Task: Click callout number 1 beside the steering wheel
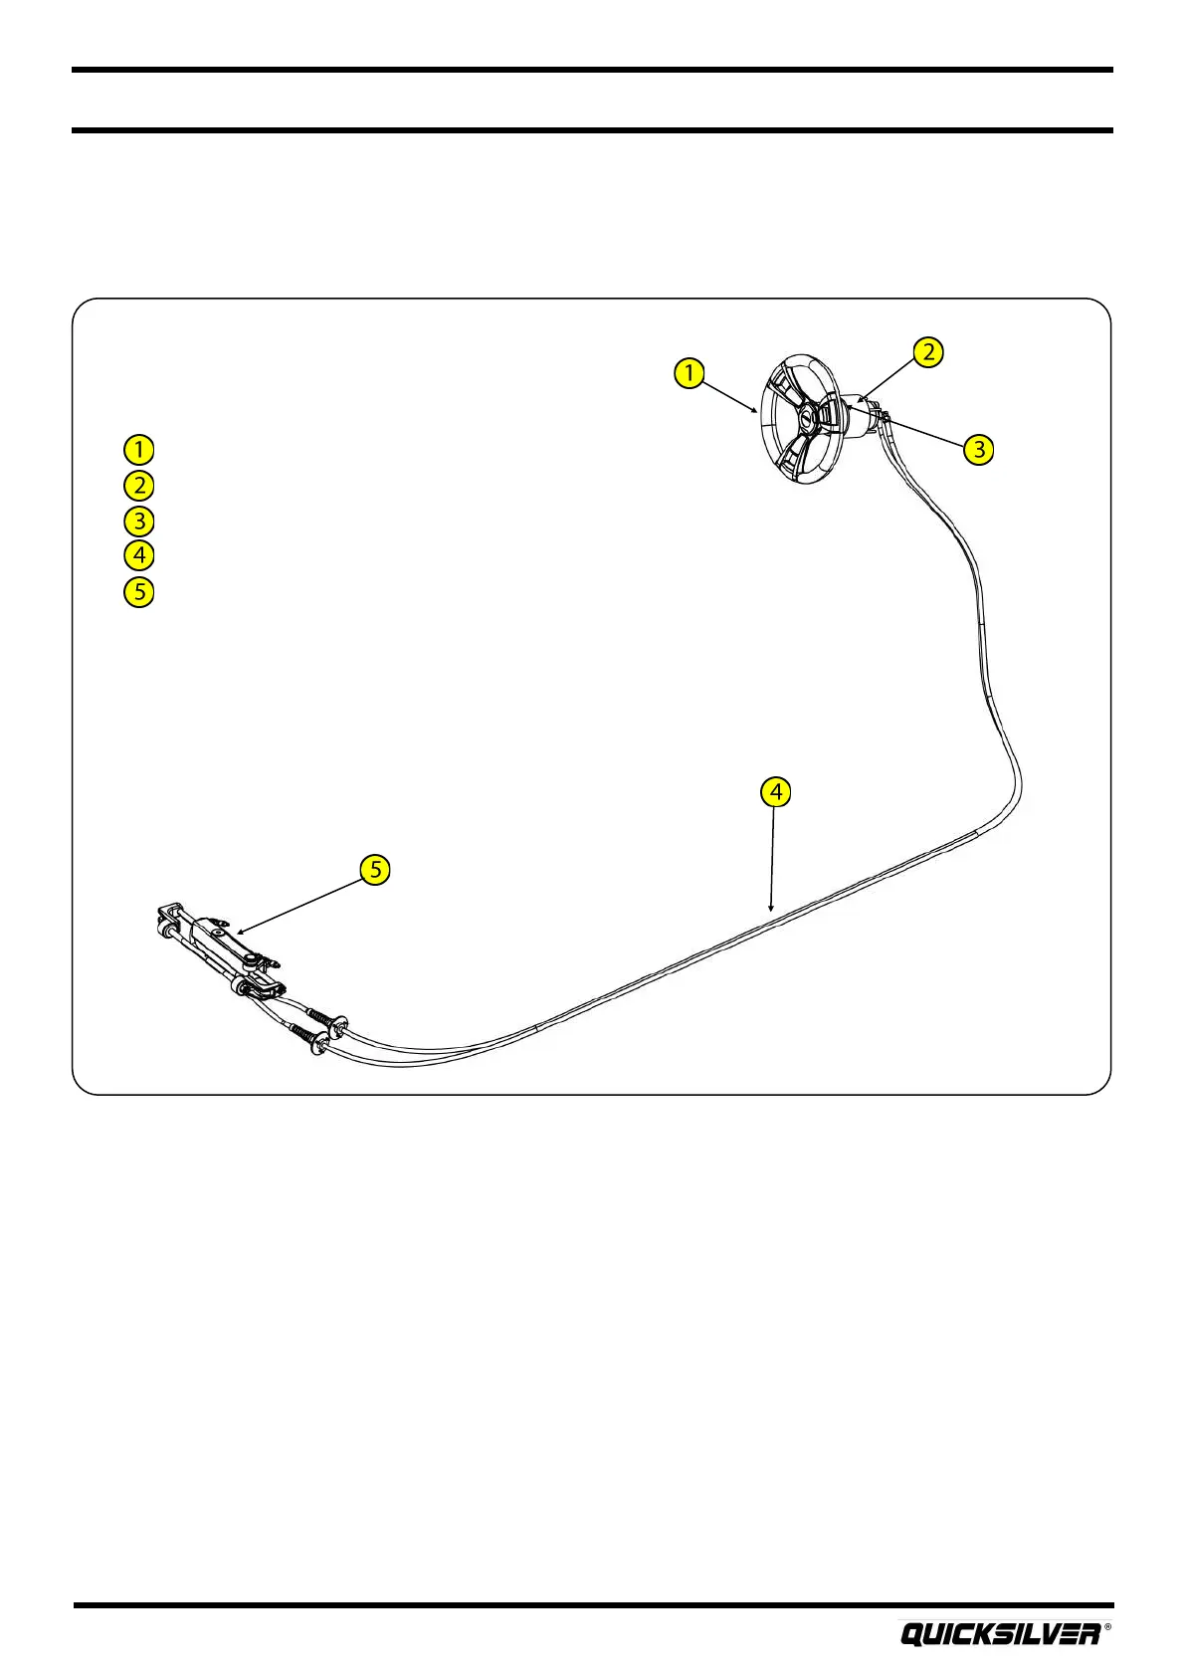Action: [689, 373]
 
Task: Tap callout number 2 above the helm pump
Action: [927, 351]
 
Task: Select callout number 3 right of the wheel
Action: [979, 449]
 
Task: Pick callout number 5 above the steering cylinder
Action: [375, 869]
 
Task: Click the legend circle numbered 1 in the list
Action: [139, 449]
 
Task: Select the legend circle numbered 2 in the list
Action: [139, 486]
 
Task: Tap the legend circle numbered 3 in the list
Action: [139, 521]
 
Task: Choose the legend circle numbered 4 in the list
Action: [139, 555]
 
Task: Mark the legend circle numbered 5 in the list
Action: [139, 592]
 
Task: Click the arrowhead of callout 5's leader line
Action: [239, 932]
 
